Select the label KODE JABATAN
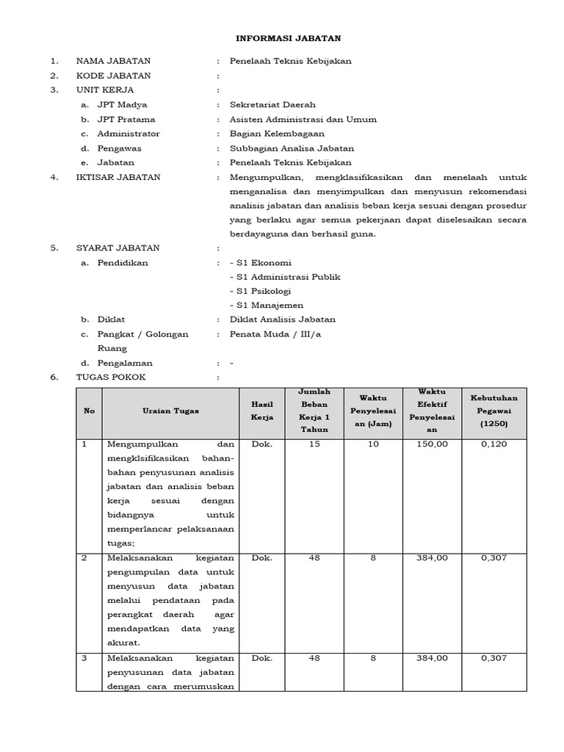coord(113,76)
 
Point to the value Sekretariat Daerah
coord(272,105)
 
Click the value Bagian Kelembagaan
coord(276,134)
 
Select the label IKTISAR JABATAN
coord(117,177)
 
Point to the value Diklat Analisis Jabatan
coord(283,319)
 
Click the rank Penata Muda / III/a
coord(275,334)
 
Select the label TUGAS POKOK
coord(111,377)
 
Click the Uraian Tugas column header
coord(170,411)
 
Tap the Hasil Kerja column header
coord(262,411)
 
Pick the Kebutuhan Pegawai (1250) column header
coord(493,411)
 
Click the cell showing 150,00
coord(433,444)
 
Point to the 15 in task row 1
coord(314,444)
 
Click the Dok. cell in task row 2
coord(262,558)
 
